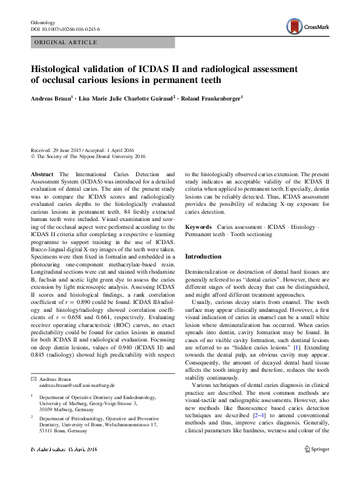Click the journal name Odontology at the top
coord(42,22)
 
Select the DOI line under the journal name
coord(65,29)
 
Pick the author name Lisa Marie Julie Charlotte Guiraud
coord(131,97)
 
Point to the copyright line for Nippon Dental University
coord(88,156)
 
